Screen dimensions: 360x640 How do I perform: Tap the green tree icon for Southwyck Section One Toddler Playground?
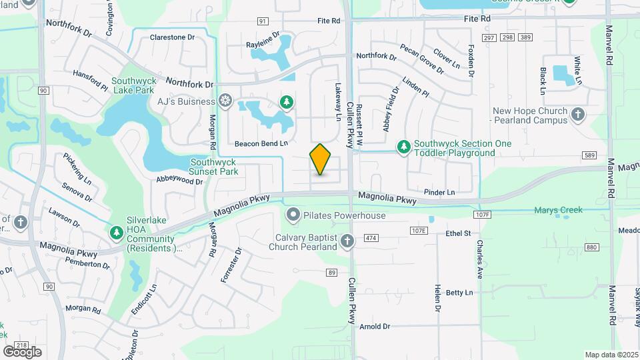[x=403, y=146]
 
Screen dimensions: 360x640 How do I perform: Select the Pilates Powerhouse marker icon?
[x=292, y=215]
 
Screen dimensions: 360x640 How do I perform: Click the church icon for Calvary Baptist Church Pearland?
[x=347, y=241]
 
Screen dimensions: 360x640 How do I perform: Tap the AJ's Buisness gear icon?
[x=226, y=101]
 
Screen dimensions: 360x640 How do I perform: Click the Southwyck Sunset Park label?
[x=214, y=166]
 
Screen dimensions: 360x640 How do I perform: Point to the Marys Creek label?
[x=558, y=210]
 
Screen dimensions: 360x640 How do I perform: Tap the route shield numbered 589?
[x=588, y=155]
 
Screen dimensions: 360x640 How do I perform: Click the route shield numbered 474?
[x=371, y=238]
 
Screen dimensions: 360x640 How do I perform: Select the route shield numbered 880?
[x=591, y=247]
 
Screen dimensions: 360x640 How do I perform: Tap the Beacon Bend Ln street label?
[x=261, y=143]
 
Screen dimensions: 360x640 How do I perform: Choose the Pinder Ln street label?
[x=439, y=193]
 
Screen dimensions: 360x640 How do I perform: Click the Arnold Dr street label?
[x=374, y=327]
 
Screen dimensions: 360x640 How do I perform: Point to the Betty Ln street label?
[x=459, y=293]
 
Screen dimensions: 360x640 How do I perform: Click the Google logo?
[x=22, y=352]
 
